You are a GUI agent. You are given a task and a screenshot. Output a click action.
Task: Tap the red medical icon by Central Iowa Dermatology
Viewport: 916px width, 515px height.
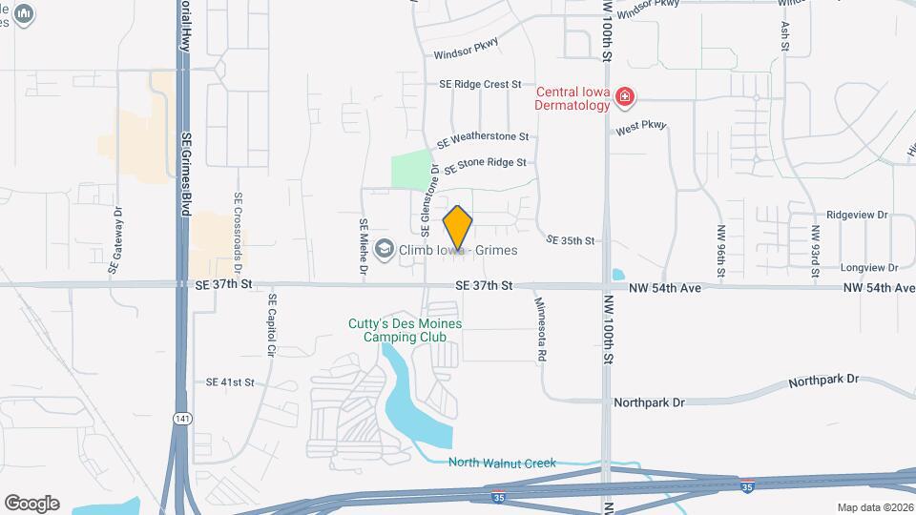coord(625,96)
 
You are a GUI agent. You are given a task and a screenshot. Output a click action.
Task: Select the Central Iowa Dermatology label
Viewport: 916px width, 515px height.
coord(572,98)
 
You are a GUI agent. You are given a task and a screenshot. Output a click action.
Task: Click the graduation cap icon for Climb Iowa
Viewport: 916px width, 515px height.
coord(385,250)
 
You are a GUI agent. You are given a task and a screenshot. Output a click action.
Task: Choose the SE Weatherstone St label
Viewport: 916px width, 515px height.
coord(482,139)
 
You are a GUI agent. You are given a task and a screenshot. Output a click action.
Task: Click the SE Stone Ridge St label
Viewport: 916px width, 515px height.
coord(485,163)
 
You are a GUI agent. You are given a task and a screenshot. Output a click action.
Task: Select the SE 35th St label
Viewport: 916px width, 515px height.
coord(571,241)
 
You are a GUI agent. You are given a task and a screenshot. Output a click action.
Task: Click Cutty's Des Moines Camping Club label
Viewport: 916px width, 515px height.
coord(405,330)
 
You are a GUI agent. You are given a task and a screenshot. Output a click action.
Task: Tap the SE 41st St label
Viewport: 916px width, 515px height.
coord(230,382)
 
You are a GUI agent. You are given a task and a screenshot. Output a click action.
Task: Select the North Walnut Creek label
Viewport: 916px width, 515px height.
coord(502,463)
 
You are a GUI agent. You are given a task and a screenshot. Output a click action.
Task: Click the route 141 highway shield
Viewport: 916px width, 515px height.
coord(181,418)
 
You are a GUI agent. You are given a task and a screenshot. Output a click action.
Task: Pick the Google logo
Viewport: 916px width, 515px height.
coord(31,503)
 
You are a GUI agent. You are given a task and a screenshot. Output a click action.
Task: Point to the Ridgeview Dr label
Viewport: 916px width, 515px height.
coord(857,216)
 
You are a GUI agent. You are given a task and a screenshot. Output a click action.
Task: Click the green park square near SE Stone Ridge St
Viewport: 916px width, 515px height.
coord(410,170)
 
